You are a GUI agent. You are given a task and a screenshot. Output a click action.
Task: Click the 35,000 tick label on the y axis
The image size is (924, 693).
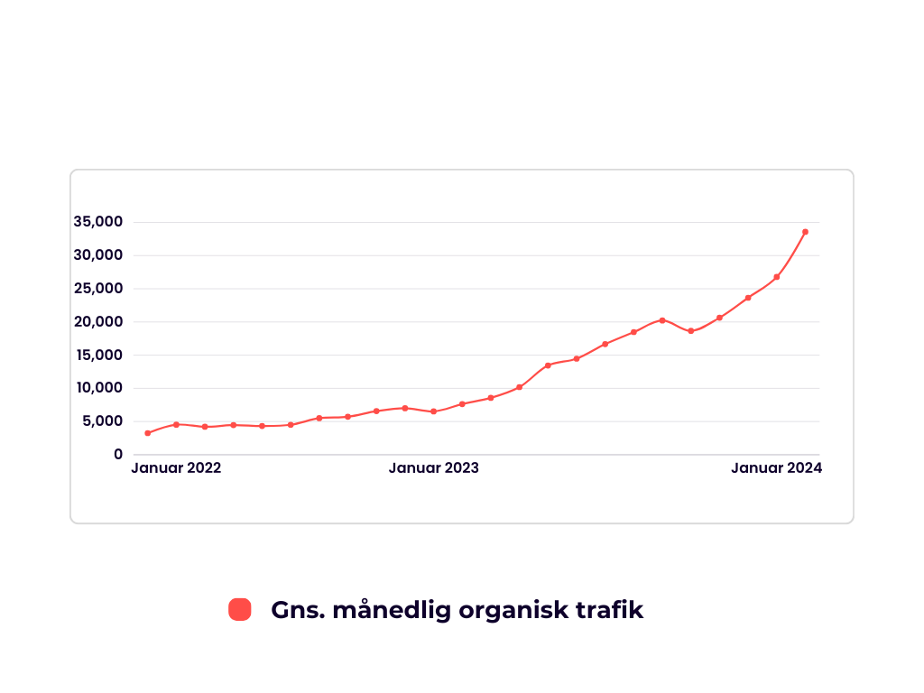tap(99, 222)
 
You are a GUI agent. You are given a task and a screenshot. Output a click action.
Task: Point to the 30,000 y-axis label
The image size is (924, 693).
tap(99, 255)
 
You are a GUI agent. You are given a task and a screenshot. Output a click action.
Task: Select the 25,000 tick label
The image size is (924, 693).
tap(99, 289)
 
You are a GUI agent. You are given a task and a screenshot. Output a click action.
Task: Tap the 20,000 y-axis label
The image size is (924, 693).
tap(99, 322)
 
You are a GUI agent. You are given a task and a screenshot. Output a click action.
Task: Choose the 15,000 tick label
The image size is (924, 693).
tap(99, 355)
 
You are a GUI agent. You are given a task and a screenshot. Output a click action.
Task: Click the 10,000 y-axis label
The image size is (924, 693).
tap(99, 388)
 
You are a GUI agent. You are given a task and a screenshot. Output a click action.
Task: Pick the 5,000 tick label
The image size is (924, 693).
tap(103, 421)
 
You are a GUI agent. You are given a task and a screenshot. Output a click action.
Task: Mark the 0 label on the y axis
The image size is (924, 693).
tap(118, 455)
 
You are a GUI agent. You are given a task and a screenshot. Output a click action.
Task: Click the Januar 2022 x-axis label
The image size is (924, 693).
tap(176, 468)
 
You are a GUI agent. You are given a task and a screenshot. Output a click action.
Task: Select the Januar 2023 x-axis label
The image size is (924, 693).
tap(433, 468)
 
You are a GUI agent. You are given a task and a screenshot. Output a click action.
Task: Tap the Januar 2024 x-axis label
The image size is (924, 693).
tap(776, 468)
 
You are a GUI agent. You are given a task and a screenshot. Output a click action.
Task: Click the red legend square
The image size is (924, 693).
tap(239, 609)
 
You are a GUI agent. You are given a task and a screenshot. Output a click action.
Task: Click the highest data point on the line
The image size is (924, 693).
tap(805, 232)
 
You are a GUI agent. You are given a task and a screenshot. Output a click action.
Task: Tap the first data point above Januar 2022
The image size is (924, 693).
tap(148, 433)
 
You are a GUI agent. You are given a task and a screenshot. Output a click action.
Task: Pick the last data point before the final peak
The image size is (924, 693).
tap(776, 277)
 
